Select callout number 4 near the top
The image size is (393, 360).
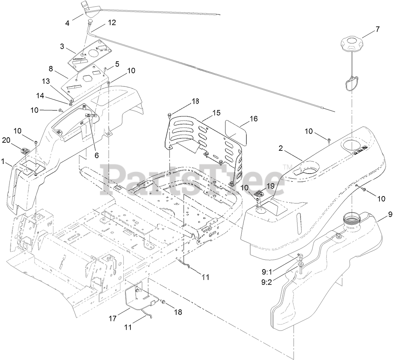pyautogui.click(x=67, y=24)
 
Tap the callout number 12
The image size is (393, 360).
pyautogui.click(x=112, y=23)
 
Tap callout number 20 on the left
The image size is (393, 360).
pyautogui.click(x=6, y=140)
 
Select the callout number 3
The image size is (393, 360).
pyautogui.click(x=62, y=46)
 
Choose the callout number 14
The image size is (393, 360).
pyautogui.click(x=40, y=96)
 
